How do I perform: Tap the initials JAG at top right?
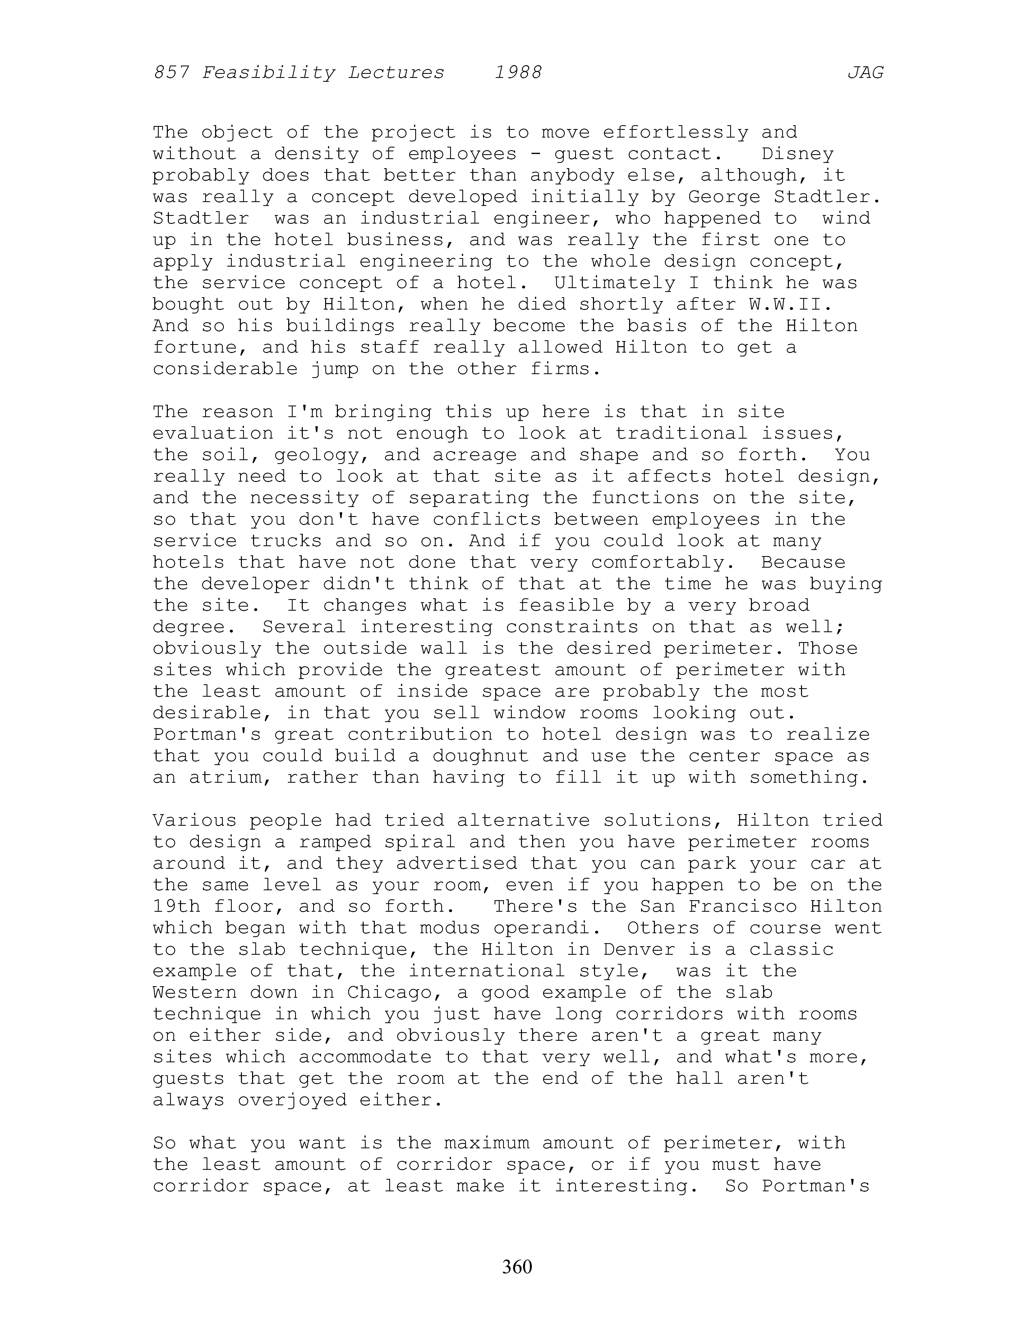[865, 73]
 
